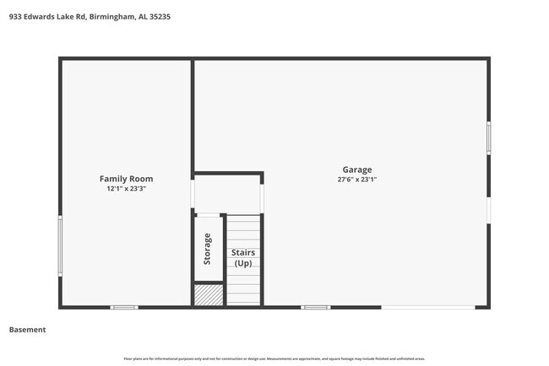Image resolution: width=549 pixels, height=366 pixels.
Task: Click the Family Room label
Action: pyautogui.click(x=126, y=179)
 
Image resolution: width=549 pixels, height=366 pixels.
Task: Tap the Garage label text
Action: pyautogui.click(x=356, y=170)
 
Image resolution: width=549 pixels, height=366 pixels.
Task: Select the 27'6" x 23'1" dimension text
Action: pyautogui.click(x=356, y=180)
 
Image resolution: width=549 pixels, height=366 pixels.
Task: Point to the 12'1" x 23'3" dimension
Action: pyautogui.click(x=126, y=190)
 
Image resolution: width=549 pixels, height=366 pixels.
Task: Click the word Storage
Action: pyautogui.click(x=208, y=250)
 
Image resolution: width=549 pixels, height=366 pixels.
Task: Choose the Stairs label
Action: pyautogui.click(x=243, y=252)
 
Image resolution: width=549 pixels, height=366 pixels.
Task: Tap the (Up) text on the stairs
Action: pyautogui.click(x=243, y=263)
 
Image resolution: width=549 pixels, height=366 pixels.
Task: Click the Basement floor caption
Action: pyautogui.click(x=27, y=330)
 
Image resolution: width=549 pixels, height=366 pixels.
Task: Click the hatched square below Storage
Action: pyautogui.click(x=209, y=294)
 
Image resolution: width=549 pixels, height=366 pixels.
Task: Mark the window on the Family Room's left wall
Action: pyautogui.click(x=60, y=245)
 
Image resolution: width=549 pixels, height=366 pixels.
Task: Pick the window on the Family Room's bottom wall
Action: pyautogui.click(x=124, y=307)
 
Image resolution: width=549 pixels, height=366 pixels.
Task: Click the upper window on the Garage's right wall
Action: pyautogui.click(x=488, y=138)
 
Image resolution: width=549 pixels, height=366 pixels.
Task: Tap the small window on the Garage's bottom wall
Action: pyautogui.click(x=316, y=307)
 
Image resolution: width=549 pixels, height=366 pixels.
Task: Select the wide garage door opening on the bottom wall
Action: pyautogui.click(x=427, y=307)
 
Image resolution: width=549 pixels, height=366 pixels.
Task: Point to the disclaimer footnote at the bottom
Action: pyautogui.click(x=274, y=358)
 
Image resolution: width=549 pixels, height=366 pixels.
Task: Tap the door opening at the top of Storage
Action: pyautogui.click(x=209, y=216)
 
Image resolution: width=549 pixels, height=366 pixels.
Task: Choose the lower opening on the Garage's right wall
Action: pyautogui.click(x=488, y=210)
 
